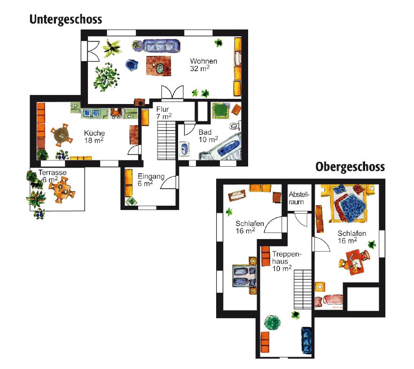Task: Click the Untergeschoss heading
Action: coord(66,20)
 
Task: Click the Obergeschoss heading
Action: coord(350,167)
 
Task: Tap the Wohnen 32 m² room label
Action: coord(203,65)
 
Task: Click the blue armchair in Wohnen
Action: coord(132,65)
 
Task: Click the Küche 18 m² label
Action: coord(94,137)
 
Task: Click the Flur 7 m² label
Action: coord(164,113)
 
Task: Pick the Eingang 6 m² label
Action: coord(151,180)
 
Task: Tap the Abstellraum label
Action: coord(298,198)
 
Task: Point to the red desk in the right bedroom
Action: coord(355,262)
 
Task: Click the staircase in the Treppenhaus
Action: coord(303,289)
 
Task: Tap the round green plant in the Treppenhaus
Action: coord(272,323)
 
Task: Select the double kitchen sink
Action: coord(90,113)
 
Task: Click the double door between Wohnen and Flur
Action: coord(172,93)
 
